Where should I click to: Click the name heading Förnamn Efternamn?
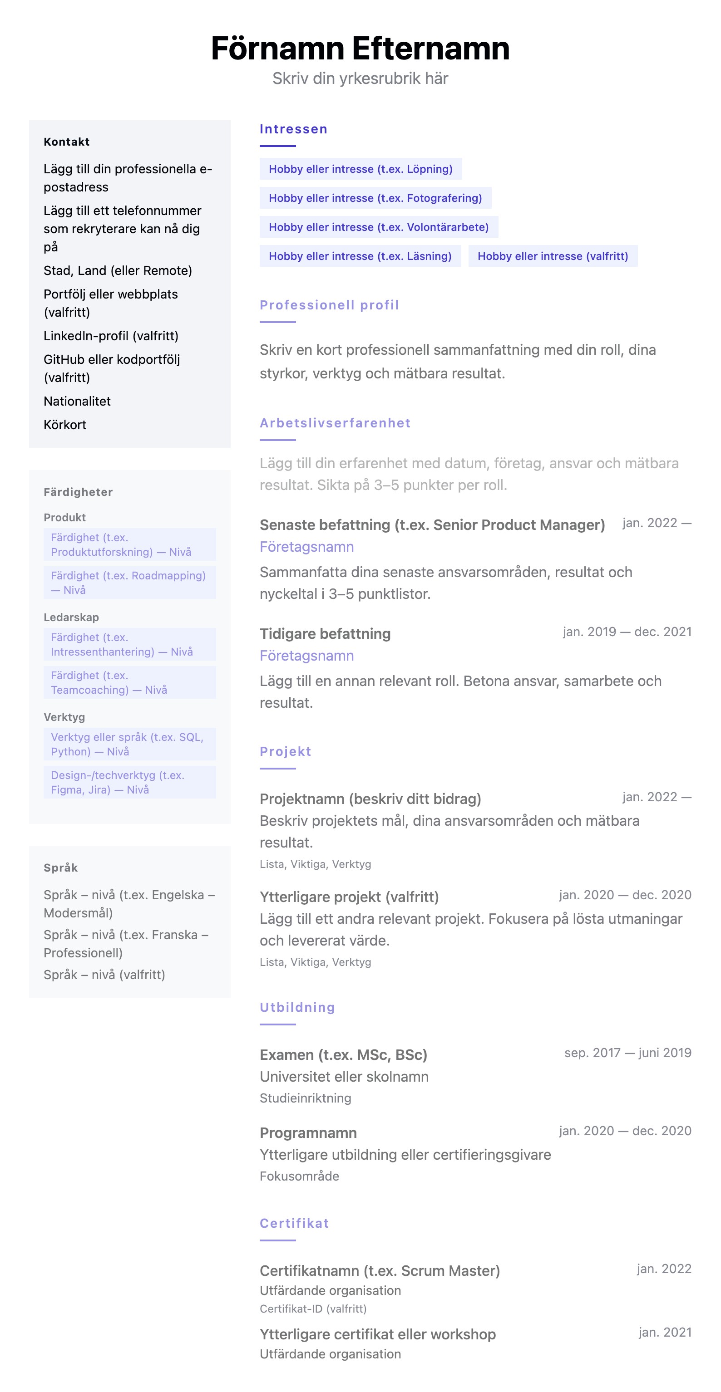360,48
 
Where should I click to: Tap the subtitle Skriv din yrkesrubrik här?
360,79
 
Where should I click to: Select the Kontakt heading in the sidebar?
67,142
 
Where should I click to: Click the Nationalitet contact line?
77,401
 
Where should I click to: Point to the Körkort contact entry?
65,425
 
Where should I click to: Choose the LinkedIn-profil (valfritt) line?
111,336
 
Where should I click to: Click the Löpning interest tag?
360,169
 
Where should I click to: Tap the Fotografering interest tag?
375,198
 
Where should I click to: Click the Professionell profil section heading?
329,305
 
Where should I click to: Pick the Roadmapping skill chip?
129,583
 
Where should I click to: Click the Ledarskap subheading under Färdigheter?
71,617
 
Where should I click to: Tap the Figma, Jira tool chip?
129,782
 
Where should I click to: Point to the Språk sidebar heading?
60,868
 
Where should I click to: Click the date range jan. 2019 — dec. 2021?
627,632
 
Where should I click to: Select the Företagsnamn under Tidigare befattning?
306,656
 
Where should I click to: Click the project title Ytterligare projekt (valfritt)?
349,897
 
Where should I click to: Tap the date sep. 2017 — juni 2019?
627,1053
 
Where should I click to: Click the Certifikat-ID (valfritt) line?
313,1309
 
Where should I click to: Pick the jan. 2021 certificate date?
664,1333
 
